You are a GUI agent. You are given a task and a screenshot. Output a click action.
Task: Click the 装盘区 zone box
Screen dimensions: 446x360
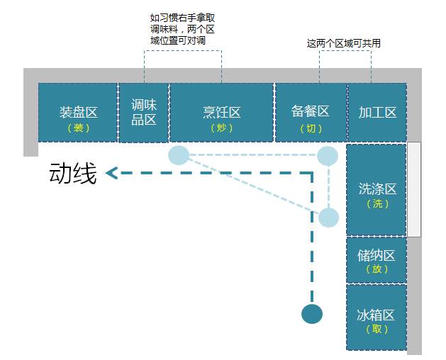pos(78,112)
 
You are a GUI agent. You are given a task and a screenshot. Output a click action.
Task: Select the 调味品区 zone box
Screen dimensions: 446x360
pos(144,112)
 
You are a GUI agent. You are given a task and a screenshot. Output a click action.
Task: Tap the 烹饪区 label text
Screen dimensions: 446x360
pos(221,112)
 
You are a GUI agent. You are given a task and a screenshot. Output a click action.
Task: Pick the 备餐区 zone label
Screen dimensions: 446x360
pos(310,111)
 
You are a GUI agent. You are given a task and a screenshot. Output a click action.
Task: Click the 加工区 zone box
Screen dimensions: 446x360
pos(377,112)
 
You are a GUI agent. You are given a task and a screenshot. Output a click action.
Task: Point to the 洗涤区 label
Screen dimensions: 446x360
pos(377,189)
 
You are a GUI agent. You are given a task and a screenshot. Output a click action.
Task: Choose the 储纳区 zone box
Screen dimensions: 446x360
pos(377,260)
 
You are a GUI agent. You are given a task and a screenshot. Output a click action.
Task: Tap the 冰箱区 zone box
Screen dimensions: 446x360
pos(377,317)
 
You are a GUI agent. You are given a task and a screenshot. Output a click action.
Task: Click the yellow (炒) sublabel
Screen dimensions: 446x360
pos(221,128)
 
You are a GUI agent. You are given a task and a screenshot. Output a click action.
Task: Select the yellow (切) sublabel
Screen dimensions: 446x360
pos(311,128)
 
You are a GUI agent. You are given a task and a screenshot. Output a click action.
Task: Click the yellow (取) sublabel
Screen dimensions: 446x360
pos(377,329)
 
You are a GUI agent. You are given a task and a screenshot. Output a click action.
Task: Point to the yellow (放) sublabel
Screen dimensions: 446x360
pos(377,269)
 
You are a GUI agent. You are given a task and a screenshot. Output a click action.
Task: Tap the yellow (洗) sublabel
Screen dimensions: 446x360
pos(377,203)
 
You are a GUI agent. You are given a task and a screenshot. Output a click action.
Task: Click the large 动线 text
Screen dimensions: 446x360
pos(73,173)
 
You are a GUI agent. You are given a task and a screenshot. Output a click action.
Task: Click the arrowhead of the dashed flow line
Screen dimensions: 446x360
pos(111,173)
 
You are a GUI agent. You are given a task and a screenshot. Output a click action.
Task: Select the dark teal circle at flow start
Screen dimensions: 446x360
pos(312,314)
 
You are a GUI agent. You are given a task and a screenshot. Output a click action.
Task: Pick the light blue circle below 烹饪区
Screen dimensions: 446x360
pos(179,155)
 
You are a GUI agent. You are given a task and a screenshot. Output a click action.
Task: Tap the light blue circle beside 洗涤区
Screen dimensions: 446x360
pos(328,218)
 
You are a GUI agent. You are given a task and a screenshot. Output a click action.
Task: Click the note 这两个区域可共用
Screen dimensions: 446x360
pos(344,43)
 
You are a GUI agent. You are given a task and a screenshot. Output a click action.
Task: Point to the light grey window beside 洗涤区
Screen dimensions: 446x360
pos(414,189)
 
